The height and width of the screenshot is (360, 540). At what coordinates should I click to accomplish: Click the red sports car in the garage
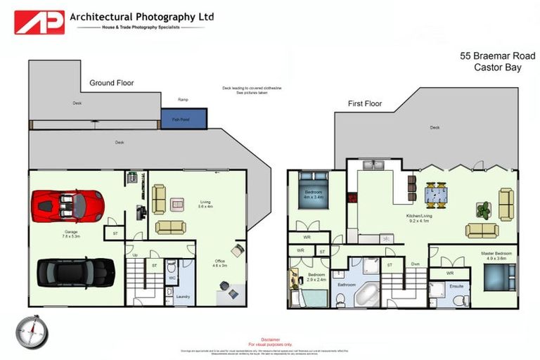(67, 206)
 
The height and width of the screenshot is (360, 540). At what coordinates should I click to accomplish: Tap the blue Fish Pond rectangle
(184, 119)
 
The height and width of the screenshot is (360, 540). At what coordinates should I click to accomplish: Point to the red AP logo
(39, 22)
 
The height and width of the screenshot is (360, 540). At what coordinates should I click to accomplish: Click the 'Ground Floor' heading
(111, 83)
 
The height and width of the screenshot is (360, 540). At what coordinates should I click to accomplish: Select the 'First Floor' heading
(365, 104)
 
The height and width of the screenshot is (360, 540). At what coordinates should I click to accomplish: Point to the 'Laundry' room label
(183, 297)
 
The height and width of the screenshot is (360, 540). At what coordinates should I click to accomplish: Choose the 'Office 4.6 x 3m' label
(221, 264)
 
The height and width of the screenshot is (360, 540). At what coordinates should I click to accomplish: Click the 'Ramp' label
(183, 100)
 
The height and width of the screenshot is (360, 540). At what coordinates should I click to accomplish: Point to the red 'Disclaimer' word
(270, 339)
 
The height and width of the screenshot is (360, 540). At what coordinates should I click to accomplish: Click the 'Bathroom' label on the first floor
(346, 285)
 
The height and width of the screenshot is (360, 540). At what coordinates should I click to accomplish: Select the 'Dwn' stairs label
(416, 265)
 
